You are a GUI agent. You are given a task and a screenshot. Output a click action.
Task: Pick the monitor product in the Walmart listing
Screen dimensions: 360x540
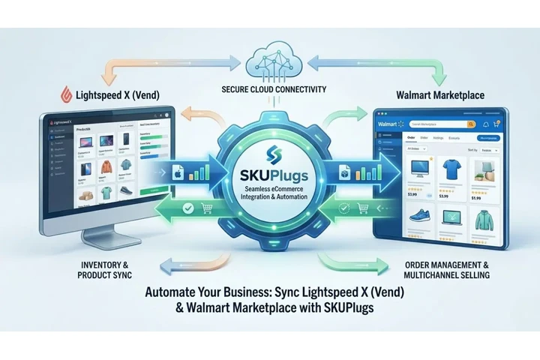coord(417,169)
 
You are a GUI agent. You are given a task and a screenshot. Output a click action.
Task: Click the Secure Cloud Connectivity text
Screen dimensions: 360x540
coord(273,90)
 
